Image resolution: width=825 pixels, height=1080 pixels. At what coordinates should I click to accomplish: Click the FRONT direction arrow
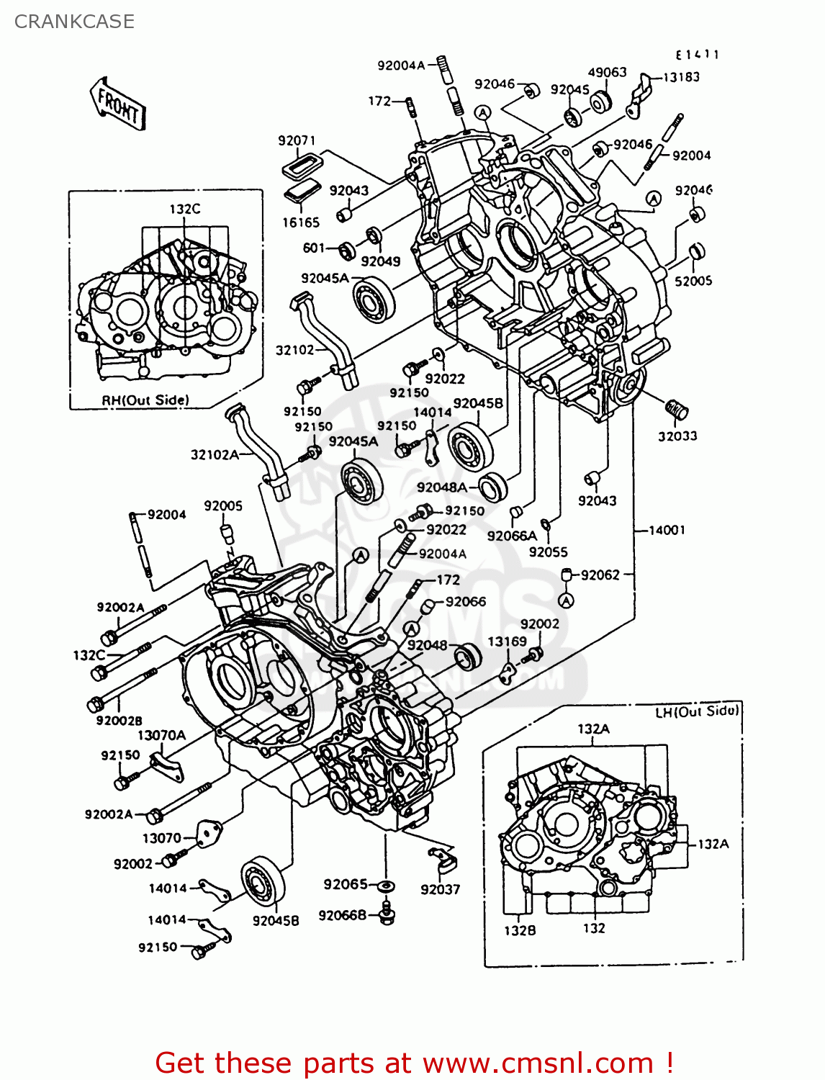coord(118,105)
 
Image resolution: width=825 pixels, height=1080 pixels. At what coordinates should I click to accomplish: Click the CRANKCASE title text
coord(74,22)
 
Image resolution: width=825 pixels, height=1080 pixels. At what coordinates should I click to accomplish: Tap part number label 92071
coord(297,140)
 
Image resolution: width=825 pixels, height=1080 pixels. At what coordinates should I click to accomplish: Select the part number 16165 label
coord(300,222)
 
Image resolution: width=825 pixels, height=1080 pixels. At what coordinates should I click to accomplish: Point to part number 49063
coord(607,72)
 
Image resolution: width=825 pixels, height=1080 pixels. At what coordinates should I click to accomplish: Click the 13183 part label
coord(680,77)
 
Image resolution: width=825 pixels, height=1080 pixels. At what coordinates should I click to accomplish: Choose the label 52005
coord(693,281)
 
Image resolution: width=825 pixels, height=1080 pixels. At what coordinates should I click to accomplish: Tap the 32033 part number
coord(677,436)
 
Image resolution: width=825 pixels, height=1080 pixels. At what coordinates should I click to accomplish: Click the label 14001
coord(667,530)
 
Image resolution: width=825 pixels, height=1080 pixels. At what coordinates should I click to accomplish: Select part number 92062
coord(600,575)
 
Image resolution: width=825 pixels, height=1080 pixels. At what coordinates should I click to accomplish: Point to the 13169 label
coord(507,641)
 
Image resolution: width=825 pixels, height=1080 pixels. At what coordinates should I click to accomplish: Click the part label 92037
coord(440,889)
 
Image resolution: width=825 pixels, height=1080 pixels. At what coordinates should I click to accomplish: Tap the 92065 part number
coord(345,884)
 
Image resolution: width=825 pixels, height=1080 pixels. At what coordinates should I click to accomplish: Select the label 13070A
coord(161,735)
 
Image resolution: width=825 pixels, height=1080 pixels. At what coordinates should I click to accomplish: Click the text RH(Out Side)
coord(145,400)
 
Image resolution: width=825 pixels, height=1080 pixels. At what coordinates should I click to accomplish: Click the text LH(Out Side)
coord(696,711)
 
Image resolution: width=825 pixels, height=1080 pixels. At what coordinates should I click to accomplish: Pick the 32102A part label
coord(215,454)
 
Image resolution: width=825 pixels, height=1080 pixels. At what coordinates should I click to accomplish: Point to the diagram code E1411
coord(697,55)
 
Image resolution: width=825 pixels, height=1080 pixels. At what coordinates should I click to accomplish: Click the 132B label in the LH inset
coord(519,930)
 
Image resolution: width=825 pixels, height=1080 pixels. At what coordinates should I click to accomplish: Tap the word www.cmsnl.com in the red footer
coord(538,1063)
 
